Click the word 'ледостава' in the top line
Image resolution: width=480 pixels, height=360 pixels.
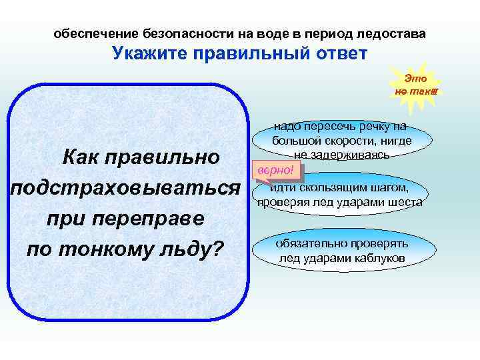click(391, 33)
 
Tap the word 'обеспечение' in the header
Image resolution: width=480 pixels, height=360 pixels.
click(96, 33)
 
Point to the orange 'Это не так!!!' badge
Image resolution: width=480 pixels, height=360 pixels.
click(415, 83)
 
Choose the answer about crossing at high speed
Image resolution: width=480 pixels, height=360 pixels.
click(341, 141)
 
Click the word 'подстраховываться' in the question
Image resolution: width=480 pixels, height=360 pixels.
click(125, 188)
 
